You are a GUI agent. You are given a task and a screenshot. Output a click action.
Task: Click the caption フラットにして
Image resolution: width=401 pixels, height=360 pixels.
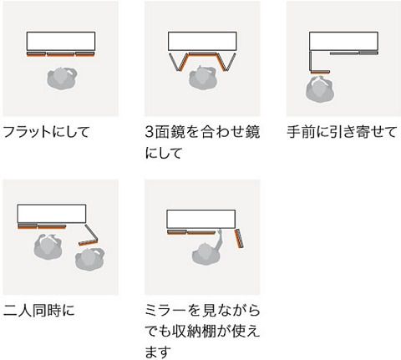(46, 132)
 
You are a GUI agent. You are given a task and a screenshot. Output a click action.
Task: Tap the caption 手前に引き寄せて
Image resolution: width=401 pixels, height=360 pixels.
(342, 132)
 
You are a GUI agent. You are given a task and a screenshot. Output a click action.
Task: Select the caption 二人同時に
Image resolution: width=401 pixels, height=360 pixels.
(39, 310)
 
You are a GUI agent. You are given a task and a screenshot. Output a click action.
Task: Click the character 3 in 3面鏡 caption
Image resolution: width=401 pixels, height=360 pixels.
(150, 132)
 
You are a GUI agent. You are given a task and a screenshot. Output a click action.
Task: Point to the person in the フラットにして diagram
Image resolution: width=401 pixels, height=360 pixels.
(62, 79)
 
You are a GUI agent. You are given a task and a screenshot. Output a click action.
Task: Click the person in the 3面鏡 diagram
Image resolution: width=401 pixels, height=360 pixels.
(203, 78)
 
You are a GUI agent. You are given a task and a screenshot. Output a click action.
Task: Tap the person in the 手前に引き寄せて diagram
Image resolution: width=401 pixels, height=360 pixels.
(320, 89)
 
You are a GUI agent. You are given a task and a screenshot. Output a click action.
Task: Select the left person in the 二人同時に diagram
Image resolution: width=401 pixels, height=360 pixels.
(48, 246)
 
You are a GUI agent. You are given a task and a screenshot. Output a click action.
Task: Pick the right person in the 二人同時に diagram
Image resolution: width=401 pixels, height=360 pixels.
(90, 259)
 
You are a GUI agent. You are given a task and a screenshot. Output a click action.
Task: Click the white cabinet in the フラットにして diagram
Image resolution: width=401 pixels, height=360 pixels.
(61, 41)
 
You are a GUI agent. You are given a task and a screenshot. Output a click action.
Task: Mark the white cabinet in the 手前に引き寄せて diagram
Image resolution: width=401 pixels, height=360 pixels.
(343, 41)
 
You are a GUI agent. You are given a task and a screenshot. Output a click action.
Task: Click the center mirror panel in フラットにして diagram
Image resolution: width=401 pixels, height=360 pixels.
(61, 53)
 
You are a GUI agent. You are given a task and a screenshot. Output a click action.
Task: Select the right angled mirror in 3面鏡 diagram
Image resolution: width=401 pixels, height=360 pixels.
(226, 62)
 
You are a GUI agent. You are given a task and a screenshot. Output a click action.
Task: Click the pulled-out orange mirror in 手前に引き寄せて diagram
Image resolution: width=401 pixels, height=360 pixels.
(320, 72)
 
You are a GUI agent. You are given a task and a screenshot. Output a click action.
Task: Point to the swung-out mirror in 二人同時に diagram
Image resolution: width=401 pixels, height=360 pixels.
(89, 242)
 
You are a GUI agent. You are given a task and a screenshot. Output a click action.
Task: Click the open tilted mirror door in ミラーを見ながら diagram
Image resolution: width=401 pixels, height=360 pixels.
(239, 239)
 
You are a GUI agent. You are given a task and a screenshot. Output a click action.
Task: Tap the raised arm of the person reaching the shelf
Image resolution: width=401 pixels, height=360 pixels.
(217, 239)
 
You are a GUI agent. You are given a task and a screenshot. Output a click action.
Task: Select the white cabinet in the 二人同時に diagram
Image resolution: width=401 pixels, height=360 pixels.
(52, 214)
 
